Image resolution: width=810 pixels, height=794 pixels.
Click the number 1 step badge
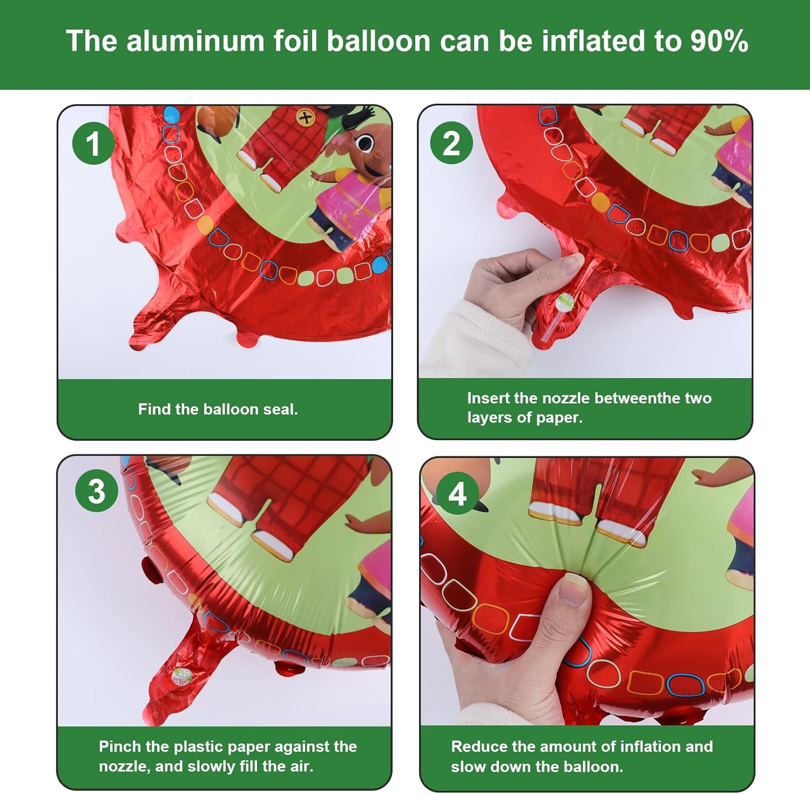coord(93,144)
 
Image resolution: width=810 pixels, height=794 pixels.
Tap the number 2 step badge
coord(451,143)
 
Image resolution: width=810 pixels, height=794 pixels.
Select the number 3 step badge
coord(97,491)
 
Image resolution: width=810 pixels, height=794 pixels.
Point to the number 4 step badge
coord(457,494)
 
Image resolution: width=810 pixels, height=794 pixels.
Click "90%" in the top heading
coord(719,41)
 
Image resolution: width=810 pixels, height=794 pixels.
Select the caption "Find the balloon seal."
coord(218,409)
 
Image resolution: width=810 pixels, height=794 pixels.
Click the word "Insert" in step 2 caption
coord(489,398)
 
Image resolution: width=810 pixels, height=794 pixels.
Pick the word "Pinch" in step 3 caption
coord(119,746)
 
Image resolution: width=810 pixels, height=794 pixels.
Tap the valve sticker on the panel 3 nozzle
coord(181,676)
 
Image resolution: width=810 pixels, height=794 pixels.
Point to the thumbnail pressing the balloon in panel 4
coord(573,589)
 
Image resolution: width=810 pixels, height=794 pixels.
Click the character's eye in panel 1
coord(365,143)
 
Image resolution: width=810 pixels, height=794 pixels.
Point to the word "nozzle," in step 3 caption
coord(124,766)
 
